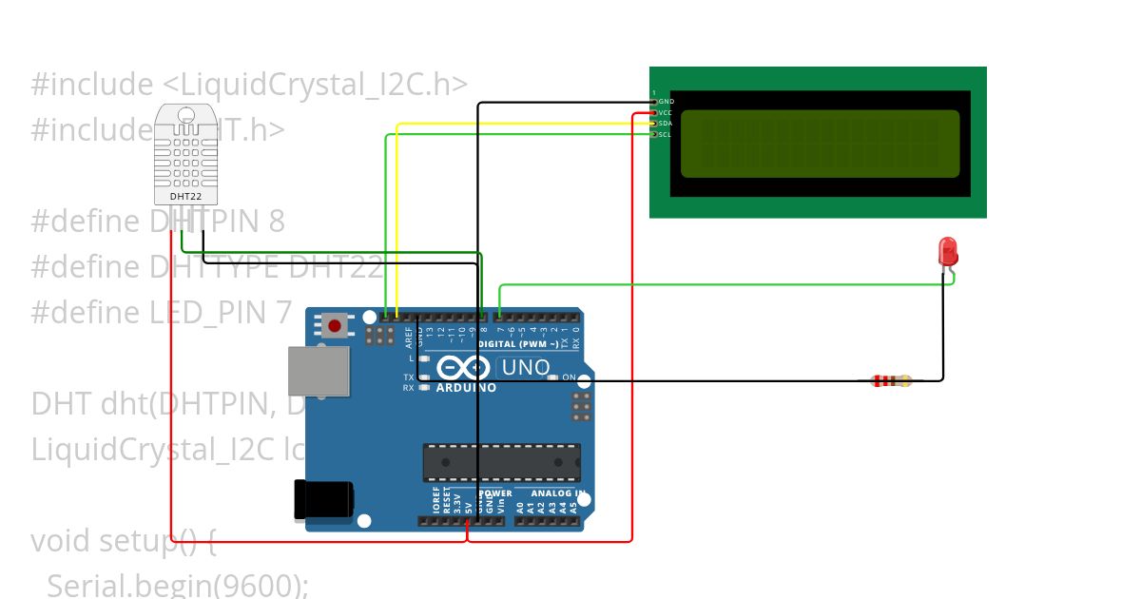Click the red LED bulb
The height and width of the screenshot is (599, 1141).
948,252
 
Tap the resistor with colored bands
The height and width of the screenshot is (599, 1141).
891,381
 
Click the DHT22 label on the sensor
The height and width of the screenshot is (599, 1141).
184,196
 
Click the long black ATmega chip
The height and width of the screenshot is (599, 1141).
501,462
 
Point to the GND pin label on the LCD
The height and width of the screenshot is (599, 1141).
666,101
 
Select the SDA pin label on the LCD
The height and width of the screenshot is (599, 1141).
666,124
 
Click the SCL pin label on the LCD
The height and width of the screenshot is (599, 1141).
666,135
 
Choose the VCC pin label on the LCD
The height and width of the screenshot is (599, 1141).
666,112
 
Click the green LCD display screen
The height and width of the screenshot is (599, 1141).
820,144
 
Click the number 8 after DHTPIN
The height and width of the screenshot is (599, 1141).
277,222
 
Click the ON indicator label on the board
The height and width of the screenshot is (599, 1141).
569,377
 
